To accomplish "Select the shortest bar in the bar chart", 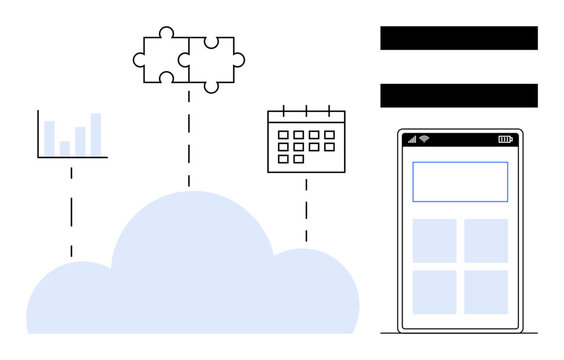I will [65, 148].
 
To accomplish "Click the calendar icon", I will [306, 141].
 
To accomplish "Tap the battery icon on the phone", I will [505, 139].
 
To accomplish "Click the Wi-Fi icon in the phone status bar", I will [424, 139].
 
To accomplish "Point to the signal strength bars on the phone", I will [411, 139].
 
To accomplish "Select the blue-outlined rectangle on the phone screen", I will [460, 182].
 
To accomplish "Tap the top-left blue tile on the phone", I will [435, 241].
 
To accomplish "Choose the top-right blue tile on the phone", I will [486, 241].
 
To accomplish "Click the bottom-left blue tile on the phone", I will [435, 292].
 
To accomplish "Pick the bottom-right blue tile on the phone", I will [486, 292].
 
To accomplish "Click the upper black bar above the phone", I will [459, 38].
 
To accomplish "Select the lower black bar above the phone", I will [459, 96].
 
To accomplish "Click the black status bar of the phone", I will [460, 139].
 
